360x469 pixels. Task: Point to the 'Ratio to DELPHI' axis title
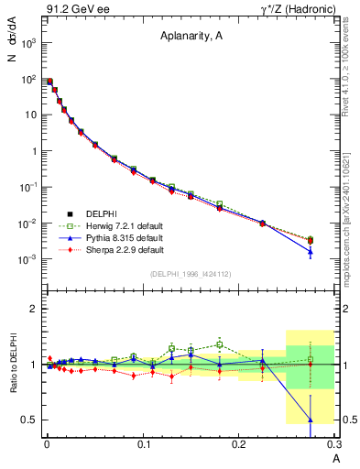pos(13,364)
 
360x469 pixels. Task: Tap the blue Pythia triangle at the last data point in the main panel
pos(311,251)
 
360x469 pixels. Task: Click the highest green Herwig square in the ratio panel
pos(220,344)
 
